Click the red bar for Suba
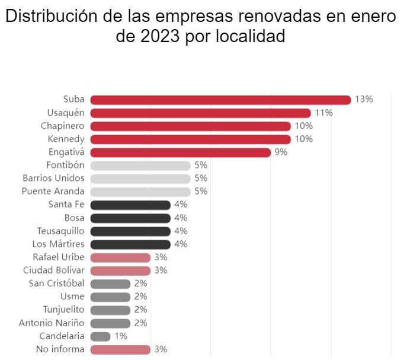[x=220, y=100]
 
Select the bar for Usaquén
[x=200, y=113]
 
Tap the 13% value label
[x=364, y=100]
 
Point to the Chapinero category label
[x=62, y=126]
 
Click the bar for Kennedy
[x=190, y=139]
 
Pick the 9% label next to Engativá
[x=281, y=152]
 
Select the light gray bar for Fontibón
[x=140, y=165]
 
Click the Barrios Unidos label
[x=53, y=179]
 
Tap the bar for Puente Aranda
[x=140, y=192]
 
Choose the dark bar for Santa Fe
[x=130, y=205]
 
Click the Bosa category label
[x=74, y=218]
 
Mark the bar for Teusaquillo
[x=130, y=231]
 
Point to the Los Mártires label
[x=58, y=244]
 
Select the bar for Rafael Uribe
[x=120, y=257]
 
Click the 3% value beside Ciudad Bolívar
[x=161, y=270]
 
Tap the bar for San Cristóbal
[x=110, y=283]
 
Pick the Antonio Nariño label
[x=52, y=323]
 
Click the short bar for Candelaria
[x=100, y=336]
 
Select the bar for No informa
[x=120, y=349]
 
